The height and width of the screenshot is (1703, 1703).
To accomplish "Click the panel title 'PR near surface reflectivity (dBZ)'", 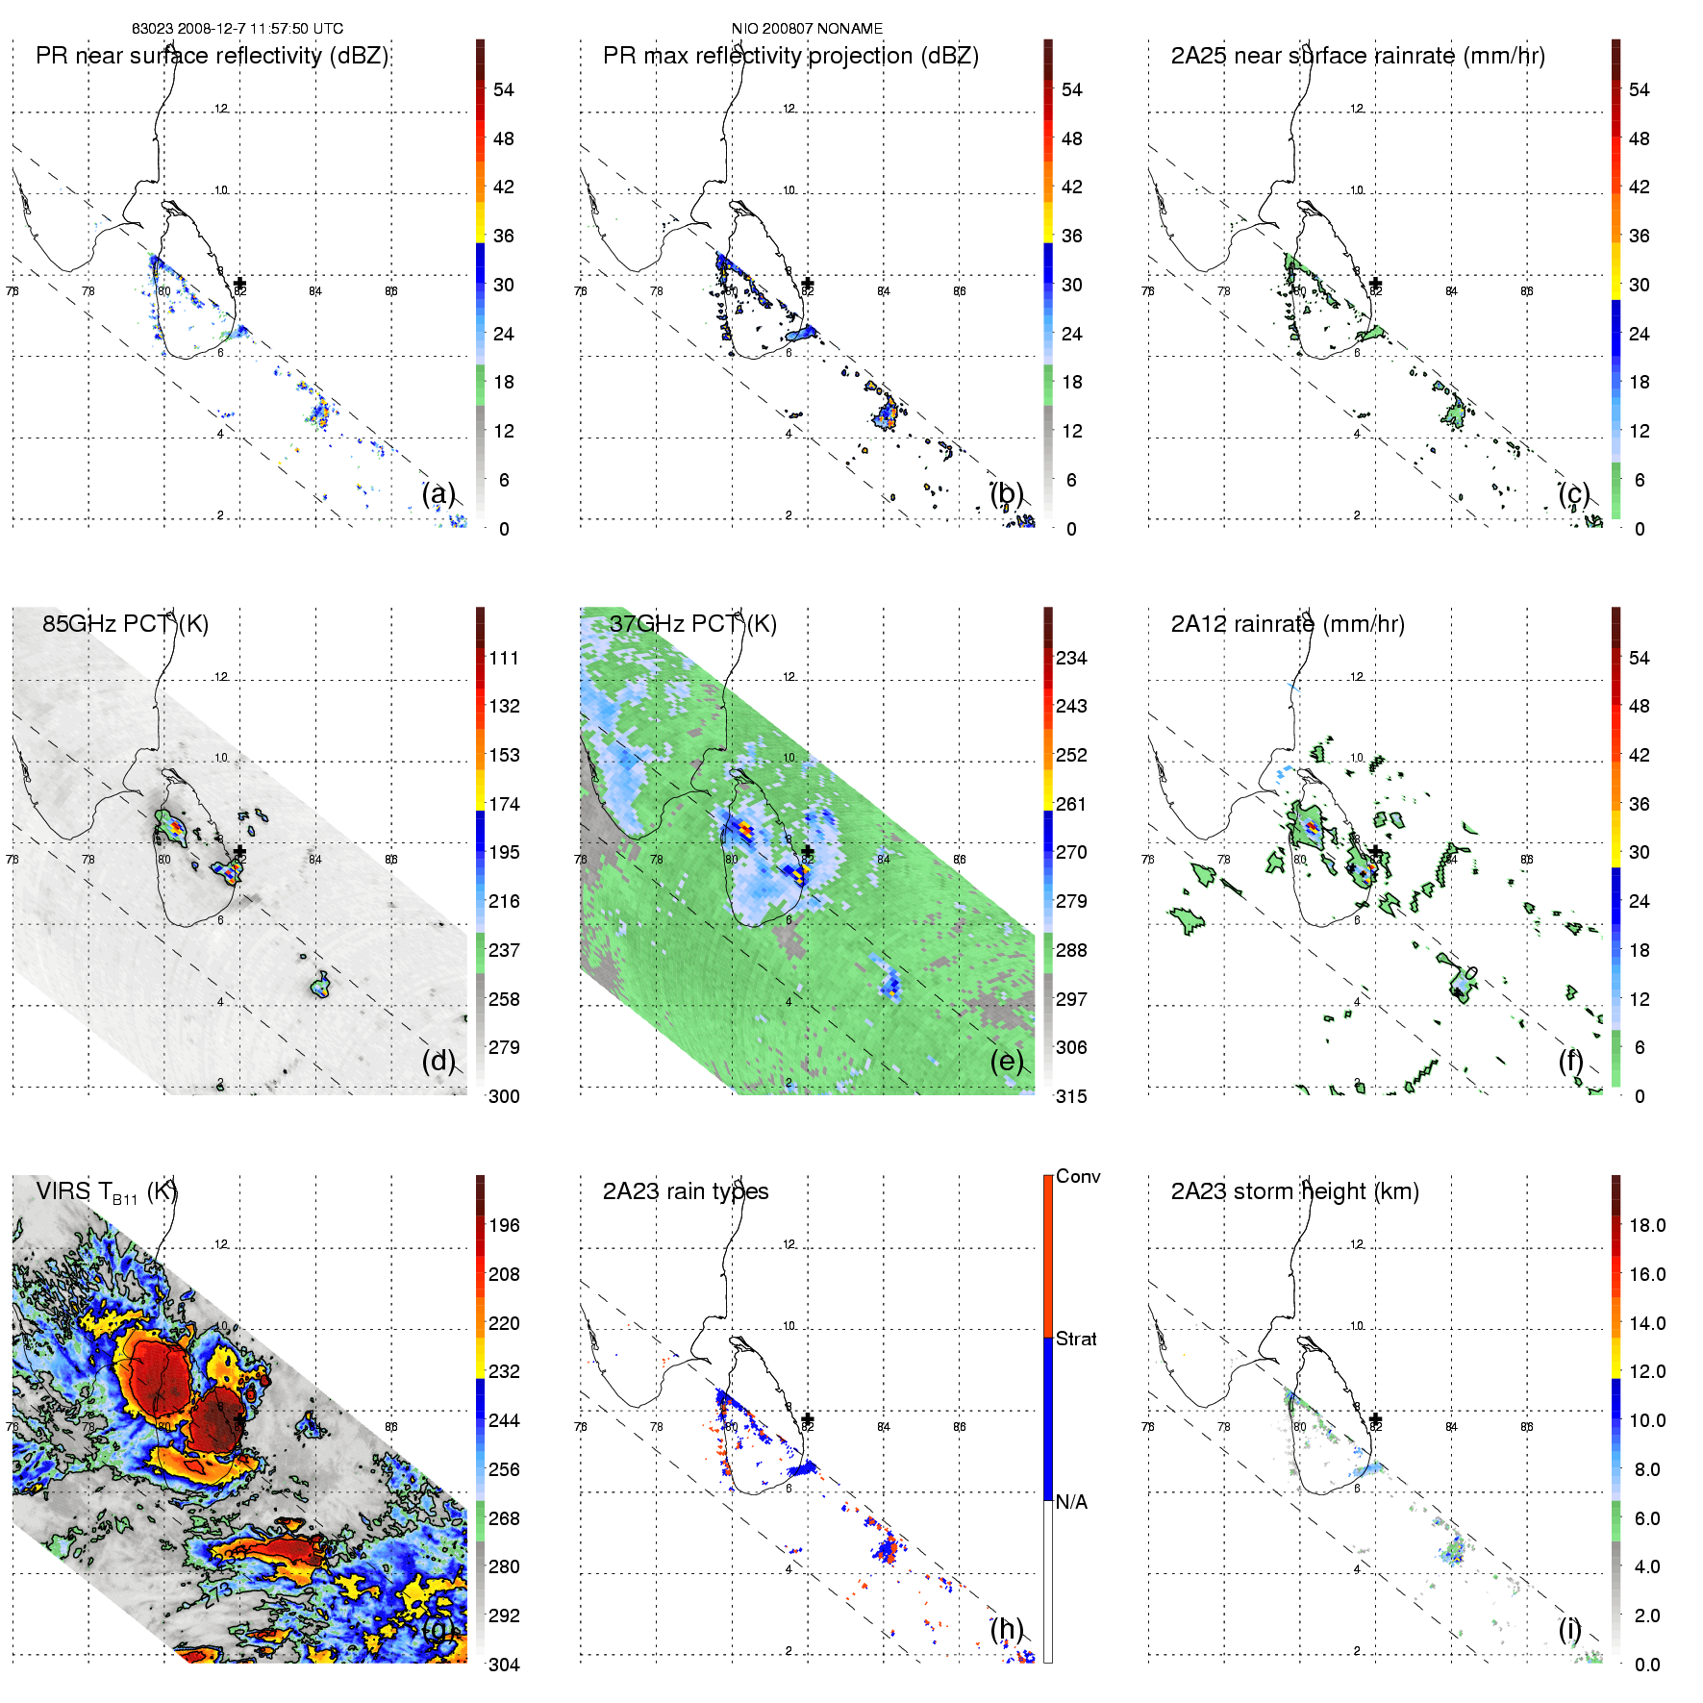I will (x=212, y=56).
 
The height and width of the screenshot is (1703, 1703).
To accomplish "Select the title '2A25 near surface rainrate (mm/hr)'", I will (x=1357, y=56).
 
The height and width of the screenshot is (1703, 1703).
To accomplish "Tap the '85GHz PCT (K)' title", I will (x=125, y=624).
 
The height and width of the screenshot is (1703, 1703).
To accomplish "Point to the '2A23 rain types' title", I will (x=685, y=1191).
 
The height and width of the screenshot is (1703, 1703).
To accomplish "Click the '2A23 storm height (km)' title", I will (x=1294, y=1191).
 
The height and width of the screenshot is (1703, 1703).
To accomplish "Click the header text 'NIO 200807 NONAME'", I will (x=807, y=29).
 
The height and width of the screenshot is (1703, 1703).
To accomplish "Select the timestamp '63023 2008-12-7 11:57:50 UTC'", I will (x=238, y=29).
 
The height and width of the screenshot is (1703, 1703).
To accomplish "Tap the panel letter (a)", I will (x=438, y=494).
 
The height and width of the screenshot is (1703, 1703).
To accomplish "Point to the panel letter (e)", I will (x=1007, y=1062).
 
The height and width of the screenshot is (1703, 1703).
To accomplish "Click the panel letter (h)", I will (x=1007, y=1629).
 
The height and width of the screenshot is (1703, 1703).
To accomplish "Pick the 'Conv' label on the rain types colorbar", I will (x=1077, y=1176).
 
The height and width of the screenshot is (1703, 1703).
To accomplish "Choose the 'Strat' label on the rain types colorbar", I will (x=1076, y=1339).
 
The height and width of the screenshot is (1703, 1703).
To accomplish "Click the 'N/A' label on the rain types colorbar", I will (x=1071, y=1502).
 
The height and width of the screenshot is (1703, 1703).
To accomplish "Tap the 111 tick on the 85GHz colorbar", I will (x=504, y=658).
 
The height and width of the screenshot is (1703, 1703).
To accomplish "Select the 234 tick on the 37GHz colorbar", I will (x=1071, y=658).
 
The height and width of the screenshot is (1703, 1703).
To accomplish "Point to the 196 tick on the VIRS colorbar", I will (x=504, y=1225).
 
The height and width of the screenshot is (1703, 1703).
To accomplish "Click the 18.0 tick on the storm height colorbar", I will (x=1646, y=1225).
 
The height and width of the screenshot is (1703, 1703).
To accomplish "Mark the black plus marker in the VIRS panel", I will (x=239, y=1419).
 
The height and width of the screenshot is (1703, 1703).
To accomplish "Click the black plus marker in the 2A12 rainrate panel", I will (x=1375, y=852).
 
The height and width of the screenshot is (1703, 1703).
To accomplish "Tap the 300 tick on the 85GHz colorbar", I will (x=504, y=1096).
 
